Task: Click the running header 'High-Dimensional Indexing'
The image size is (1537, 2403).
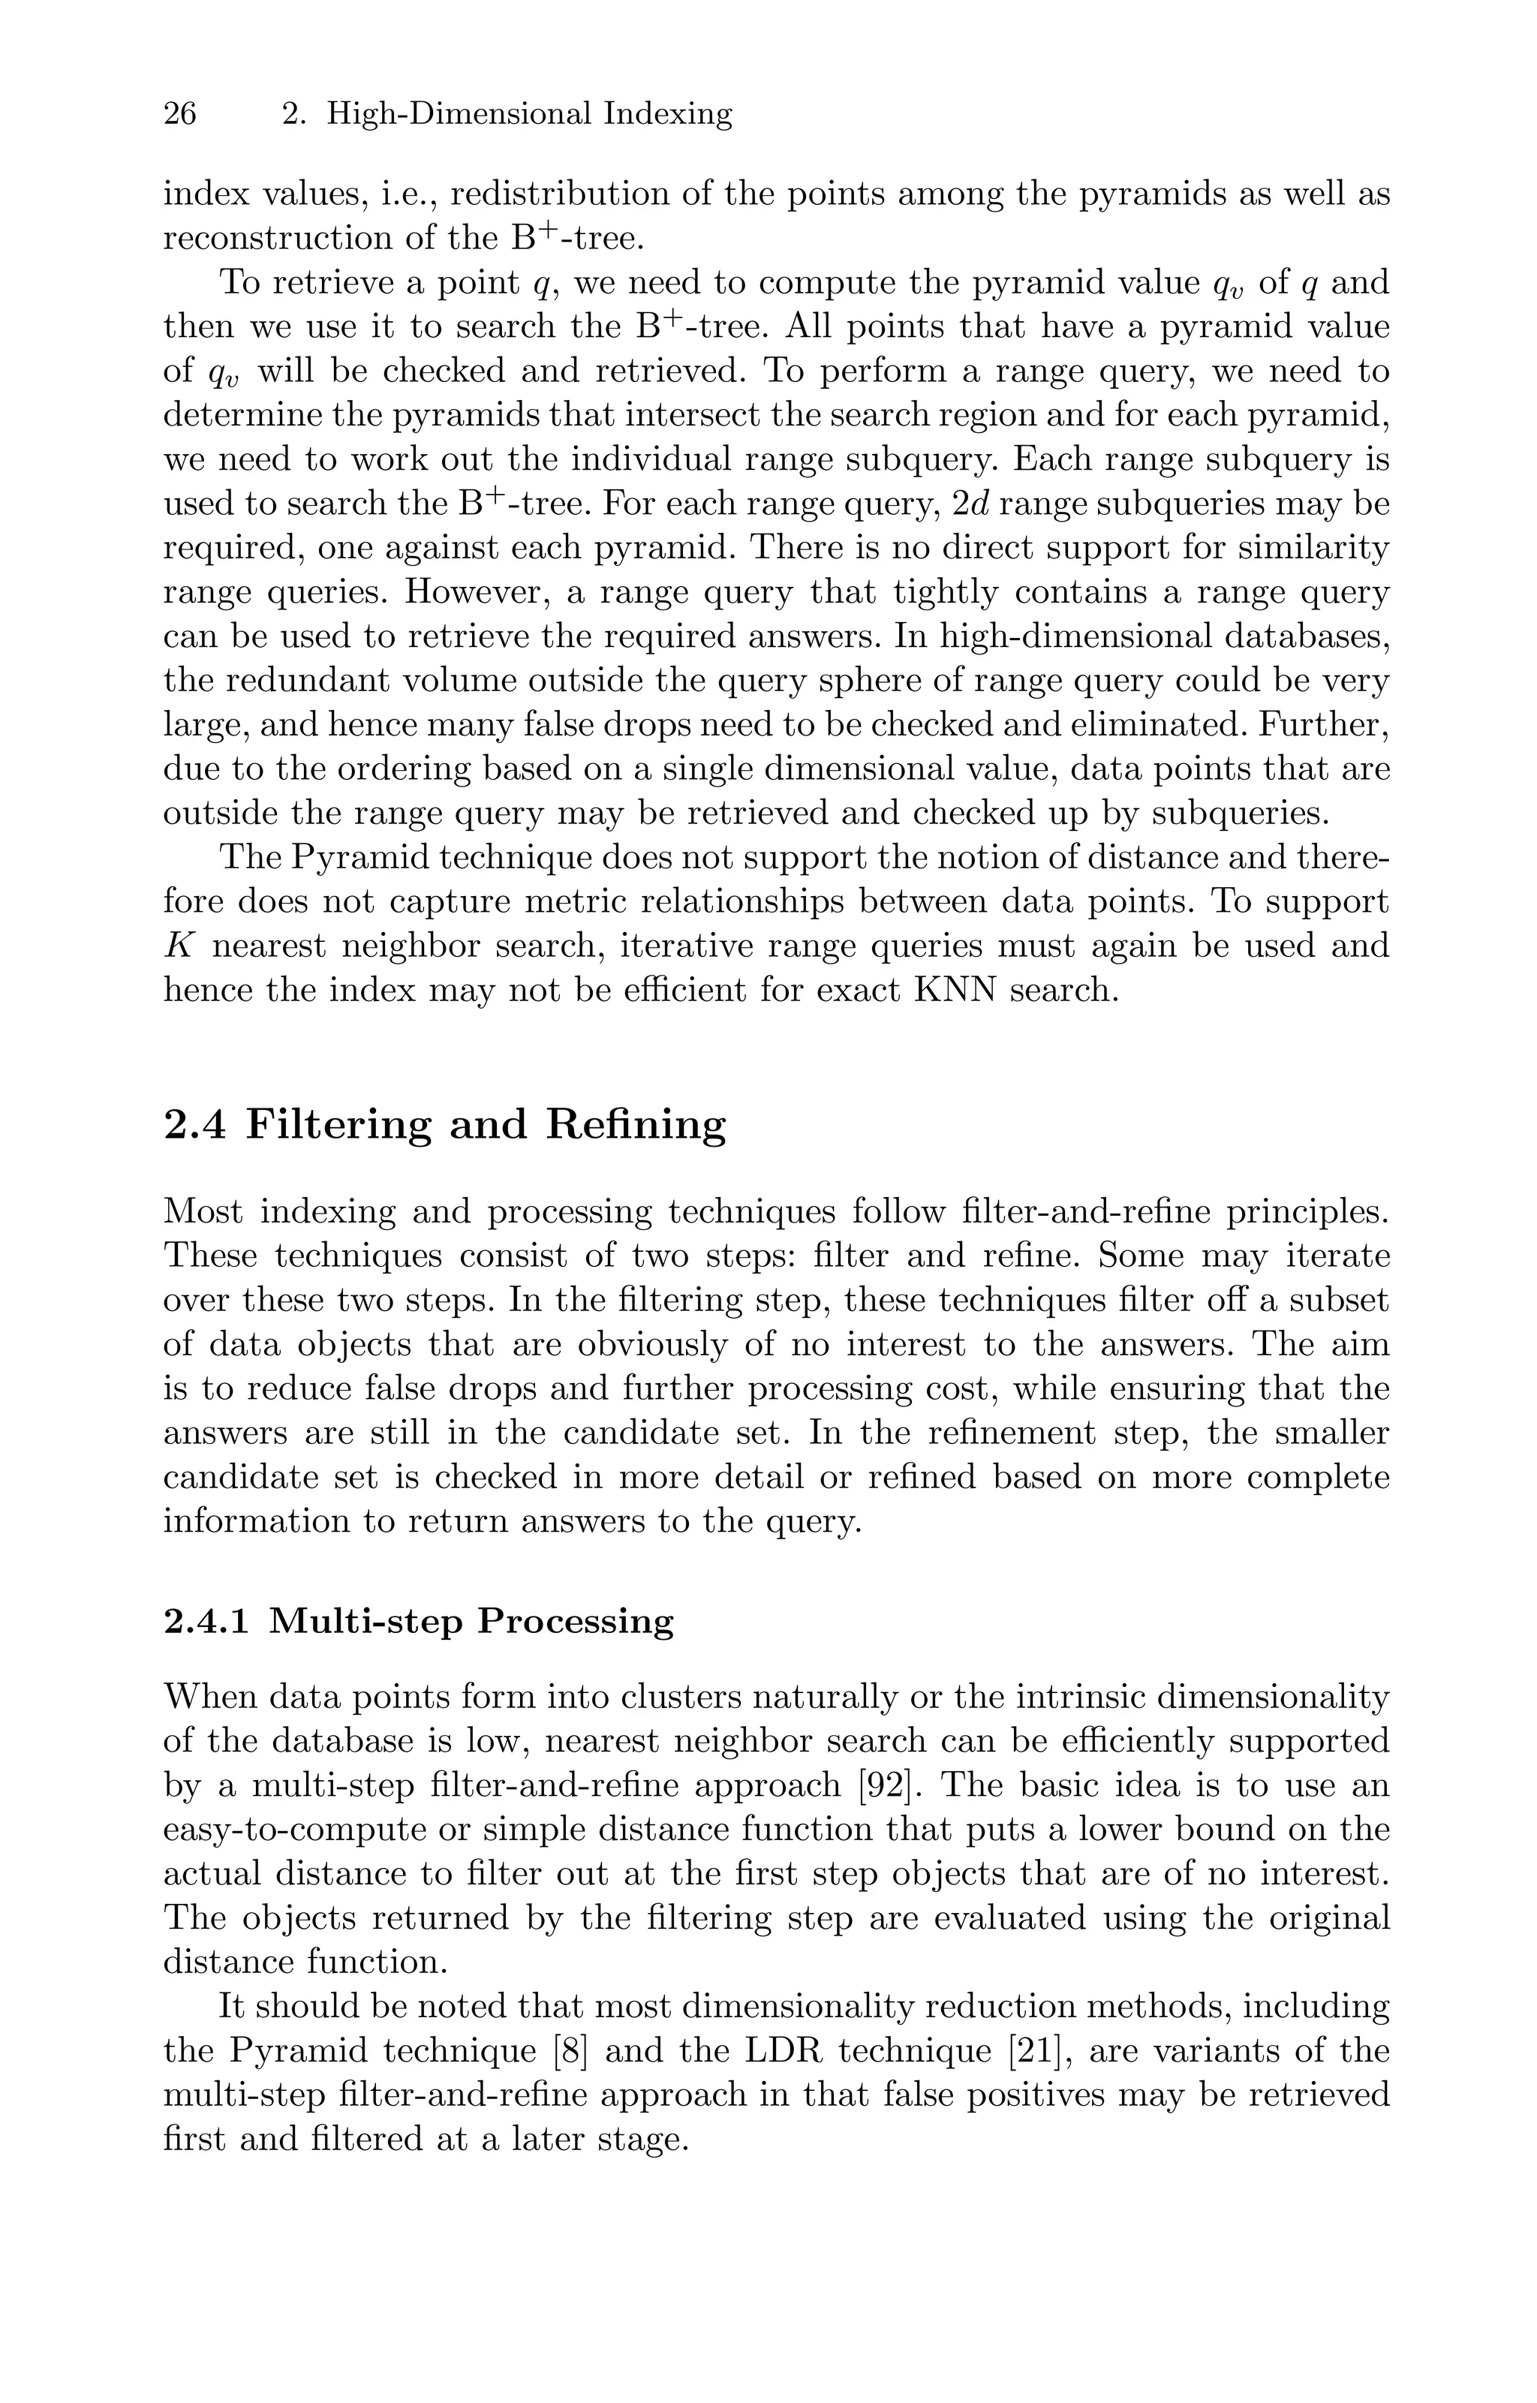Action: (x=529, y=114)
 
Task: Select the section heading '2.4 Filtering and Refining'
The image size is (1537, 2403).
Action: (x=444, y=1126)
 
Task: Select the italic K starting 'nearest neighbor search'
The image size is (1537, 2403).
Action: (x=178, y=946)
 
